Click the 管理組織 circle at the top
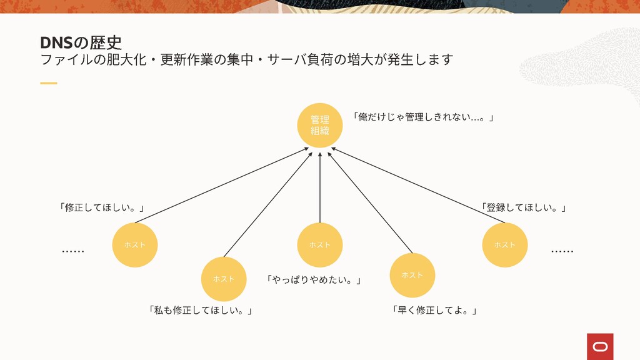[319, 125]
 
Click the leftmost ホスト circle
[135, 245]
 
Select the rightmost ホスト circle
[505, 245]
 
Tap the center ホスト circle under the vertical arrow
[319, 245]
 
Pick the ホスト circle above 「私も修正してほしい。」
[223, 279]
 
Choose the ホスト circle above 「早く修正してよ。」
[412, 275]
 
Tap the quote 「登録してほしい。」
[524, 207]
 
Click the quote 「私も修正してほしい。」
[201, 310]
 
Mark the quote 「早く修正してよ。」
[434, 310]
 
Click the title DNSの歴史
[81, 42]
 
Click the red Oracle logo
[600, 346]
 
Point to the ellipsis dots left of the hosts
[73, 252]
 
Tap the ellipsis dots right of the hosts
[562, 252]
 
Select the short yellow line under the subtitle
[48, 82]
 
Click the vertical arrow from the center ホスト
[319, 187]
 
